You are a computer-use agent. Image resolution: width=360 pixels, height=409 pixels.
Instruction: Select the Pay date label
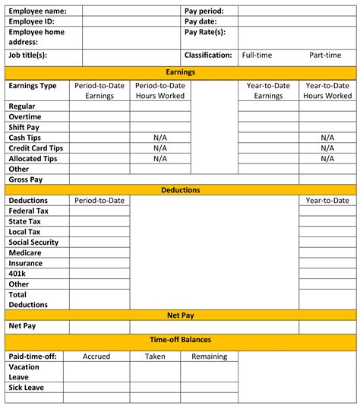201,22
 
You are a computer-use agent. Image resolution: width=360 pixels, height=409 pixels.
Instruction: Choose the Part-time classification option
326,55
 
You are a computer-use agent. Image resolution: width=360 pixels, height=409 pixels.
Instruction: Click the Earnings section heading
180,71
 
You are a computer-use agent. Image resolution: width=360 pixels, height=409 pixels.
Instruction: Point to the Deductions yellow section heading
180,190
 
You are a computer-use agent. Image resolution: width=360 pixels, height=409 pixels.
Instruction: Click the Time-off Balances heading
180,340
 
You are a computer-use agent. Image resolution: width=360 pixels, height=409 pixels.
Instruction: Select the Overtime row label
24,117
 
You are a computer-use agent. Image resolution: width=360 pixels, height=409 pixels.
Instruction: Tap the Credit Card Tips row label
36,148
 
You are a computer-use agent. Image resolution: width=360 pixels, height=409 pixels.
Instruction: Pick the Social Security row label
33,243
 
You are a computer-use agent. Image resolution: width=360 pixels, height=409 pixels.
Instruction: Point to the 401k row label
17,274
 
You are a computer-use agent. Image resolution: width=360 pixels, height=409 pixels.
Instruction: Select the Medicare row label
25,252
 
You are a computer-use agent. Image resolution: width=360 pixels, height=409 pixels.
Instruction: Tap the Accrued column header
96,356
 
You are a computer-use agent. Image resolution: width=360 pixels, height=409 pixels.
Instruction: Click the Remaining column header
209,356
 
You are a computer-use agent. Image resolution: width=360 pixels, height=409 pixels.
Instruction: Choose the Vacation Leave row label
24,371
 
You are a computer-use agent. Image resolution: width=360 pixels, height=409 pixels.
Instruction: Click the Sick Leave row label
26,388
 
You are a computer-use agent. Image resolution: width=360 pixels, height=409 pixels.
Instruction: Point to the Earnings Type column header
33,86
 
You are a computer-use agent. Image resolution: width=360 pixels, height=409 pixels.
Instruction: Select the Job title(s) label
28,55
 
